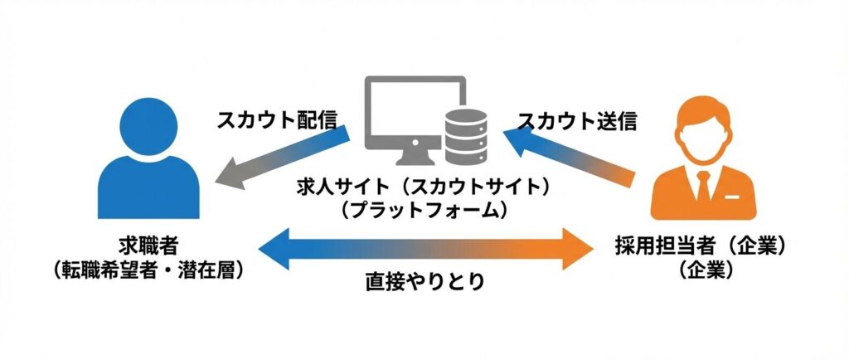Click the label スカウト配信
(x=276, y=120)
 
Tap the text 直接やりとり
(x=424, y=282)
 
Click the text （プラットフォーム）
(x=424, y=210)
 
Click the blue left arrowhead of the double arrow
(x=274, y=249)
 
